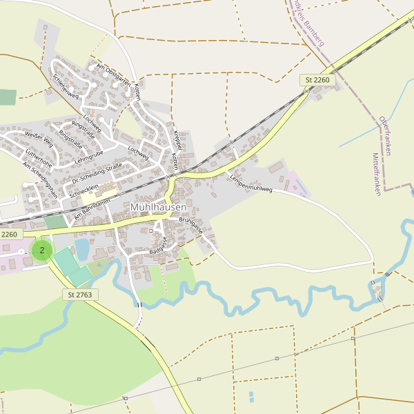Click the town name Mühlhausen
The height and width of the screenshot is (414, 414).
[158, 206]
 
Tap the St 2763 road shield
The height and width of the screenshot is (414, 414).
[81, 295]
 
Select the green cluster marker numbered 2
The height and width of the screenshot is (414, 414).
[42, 250]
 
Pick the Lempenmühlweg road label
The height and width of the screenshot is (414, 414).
[252, 179]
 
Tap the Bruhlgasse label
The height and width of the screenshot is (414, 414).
[191, 226]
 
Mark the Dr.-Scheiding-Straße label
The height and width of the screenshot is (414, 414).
[97, 172]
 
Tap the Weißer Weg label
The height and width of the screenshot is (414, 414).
[39, 140]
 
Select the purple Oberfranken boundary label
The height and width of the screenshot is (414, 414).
[384, 135]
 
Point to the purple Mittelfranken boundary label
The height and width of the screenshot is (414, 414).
[376, 175]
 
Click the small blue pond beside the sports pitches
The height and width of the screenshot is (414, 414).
[81, 249]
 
